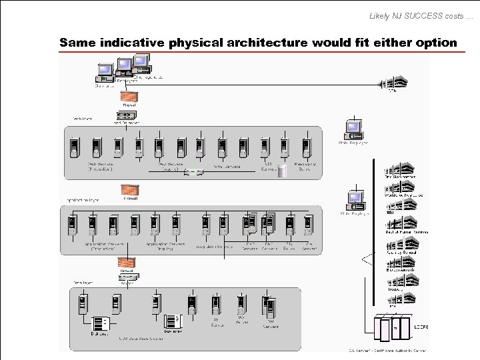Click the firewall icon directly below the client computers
pyautogui.click(x=129, y=96)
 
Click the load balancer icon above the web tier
pyautogui.click(x=126, y=116)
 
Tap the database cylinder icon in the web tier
pyautogui.click(x=282, y=171)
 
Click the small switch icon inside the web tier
pyautogui.click(x=193, y=173)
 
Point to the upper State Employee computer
pyautogui.click(x=353, y=129)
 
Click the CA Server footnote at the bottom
pyautogui.click(x=387, y=350)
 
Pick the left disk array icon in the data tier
pyautogui.click(x=101, y=323)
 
